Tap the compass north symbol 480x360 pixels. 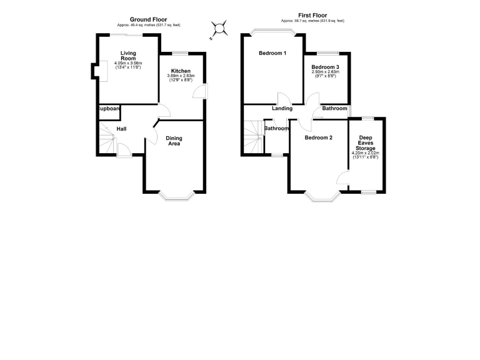pos(220,27)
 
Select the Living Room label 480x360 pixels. pos(128,56)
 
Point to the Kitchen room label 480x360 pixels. pos(181,71)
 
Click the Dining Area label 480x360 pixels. pos(174,141)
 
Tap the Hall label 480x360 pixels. pos(122,129)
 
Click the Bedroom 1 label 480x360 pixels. pos(272,53)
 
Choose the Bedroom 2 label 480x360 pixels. pos(318,137)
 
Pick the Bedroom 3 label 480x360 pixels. pos(325,67)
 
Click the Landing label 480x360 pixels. pos(282,109)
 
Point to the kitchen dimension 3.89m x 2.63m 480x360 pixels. pos(181,77)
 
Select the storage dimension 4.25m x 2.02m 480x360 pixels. pos(366,154)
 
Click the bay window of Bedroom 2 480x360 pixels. pos(322,197)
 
